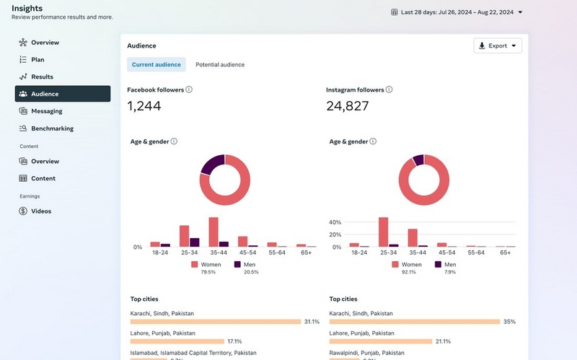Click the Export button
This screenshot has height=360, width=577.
tap(498, 46)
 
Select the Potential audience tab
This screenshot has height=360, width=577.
tap(220, 65)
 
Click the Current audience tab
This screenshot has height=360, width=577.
tap(157, 65)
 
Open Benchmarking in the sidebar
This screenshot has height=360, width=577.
tap(52, 128)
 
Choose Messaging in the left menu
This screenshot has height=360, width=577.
tap(46, 111)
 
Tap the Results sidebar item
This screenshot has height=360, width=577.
tap(42, 76)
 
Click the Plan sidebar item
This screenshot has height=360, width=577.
tap(38, 59)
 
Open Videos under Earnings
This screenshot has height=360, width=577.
tap(40, 211)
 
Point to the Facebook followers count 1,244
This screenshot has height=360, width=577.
tap(144, 106)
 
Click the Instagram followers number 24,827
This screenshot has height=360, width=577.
tap(348, 106)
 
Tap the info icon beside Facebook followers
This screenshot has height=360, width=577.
tap(189, 89)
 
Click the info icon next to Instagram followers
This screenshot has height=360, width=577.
tap(389, 89)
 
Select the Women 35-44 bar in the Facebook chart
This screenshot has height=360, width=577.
tap(213, 232)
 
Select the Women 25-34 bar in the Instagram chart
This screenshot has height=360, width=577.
tap(383, 232)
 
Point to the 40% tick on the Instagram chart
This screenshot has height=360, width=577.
tap(335, 222)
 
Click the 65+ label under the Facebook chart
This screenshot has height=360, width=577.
tap(306, 253)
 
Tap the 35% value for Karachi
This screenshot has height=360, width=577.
tap(509, 322)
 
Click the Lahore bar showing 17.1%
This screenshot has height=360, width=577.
tap(175, 341)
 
